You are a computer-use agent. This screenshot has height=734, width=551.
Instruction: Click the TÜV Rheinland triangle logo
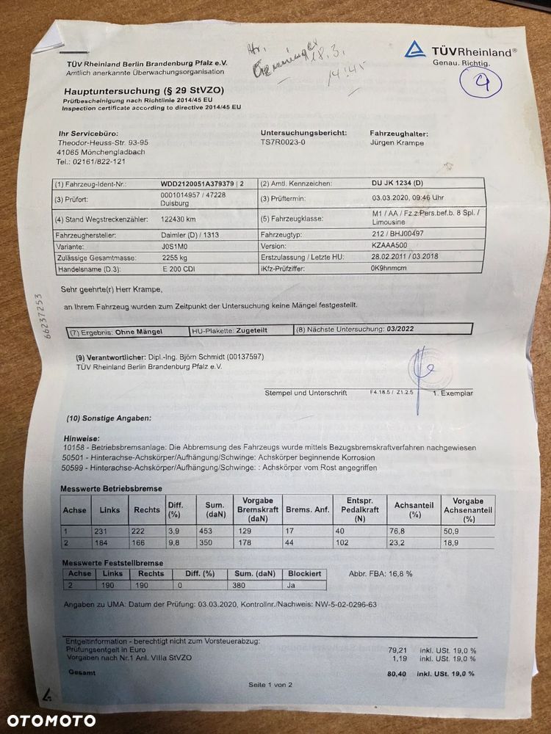(415, 50)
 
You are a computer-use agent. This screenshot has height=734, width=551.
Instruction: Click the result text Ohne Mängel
(139, 332)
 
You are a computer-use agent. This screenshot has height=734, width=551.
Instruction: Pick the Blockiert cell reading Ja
(292, 586)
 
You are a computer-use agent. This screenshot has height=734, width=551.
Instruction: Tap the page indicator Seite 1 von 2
(270, 684)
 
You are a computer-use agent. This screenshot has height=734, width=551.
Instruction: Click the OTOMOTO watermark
(48, 720)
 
